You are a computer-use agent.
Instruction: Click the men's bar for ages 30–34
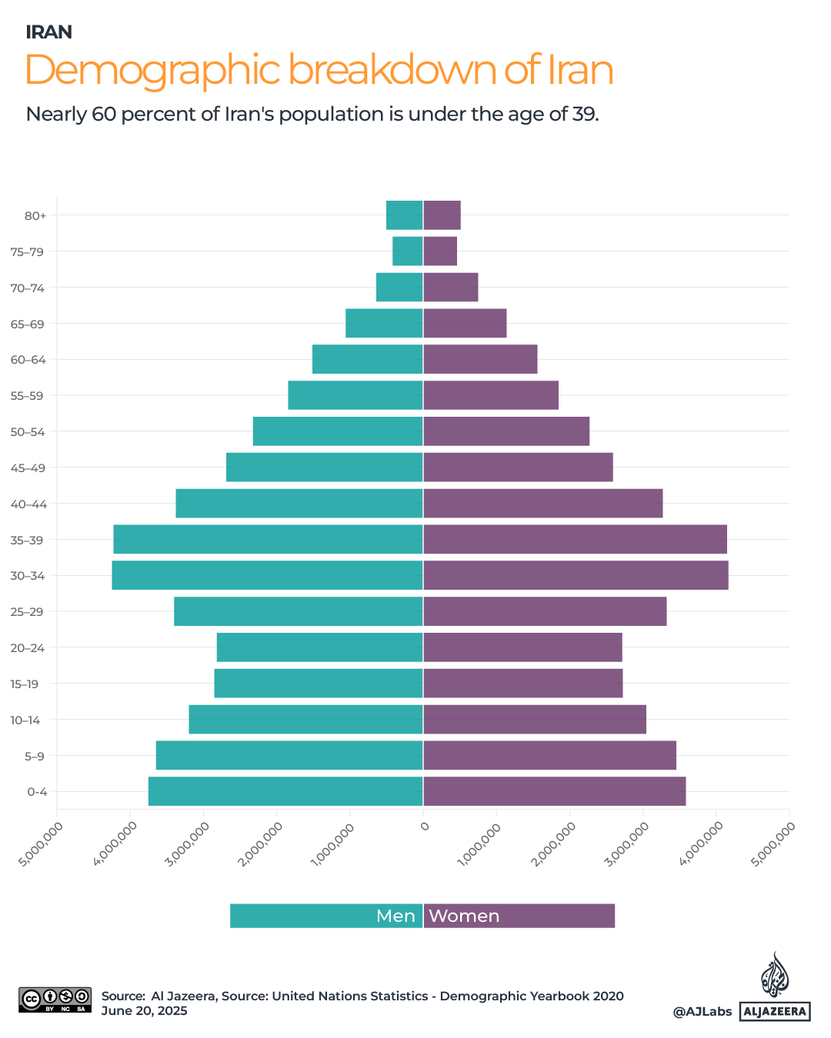click(x=267, y=575)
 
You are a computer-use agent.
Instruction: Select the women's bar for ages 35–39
click(x=575, y=539)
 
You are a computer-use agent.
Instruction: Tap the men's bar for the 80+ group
click(x=404, y=215)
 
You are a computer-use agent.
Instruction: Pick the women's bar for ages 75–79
click(x=440, y=251)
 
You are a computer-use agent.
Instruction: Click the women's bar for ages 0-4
click(x=554, y=791)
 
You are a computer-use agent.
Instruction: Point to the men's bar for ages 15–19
click(x=319, y=684)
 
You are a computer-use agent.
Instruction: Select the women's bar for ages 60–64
click(x=480, y=359)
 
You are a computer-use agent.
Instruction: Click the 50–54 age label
click(x=28, y=432)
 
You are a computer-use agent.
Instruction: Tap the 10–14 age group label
click(x=25, y=720)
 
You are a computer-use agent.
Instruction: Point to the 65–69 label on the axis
click(x=28, y=324)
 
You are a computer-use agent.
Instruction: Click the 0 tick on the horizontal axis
click(x=424, y=827)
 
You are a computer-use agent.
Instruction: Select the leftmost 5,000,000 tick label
click(x=41, y=843)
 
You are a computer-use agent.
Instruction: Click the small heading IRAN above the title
click(x=49, y=32)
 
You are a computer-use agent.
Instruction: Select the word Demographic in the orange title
click(x=152, y=71)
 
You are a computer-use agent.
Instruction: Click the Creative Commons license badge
click(x=55, y=1000)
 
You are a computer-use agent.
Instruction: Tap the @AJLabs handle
click(x=702, y=1012)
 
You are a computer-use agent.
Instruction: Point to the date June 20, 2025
click(x=145, y=1010)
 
